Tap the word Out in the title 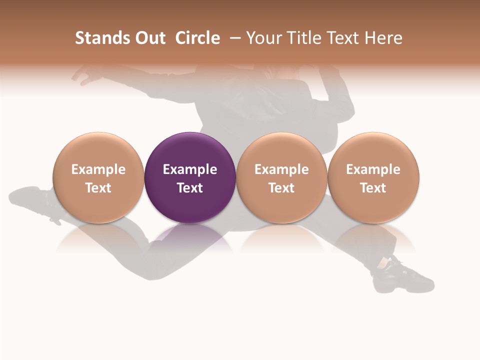click(148, 38)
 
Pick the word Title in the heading click(305, 38)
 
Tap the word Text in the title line click(346, 38)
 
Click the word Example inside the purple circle click(190, 169)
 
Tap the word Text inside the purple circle click(190, 188)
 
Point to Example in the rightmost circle click(373, 169)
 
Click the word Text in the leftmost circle click(98, 188)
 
